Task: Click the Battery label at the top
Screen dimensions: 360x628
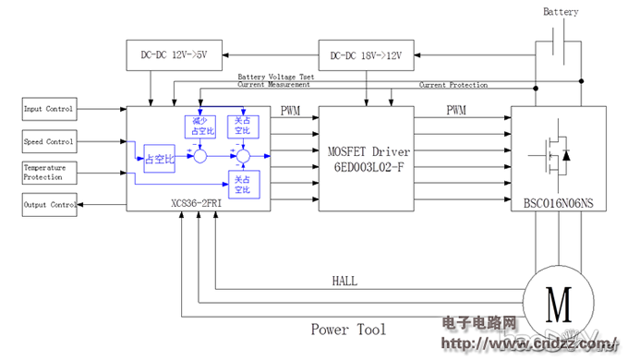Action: point(561,12)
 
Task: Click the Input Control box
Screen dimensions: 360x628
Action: point(48,109)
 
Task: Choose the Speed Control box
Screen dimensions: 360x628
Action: point(48,141)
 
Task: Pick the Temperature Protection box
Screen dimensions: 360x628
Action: point(48,172)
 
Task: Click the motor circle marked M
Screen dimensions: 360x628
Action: point(553,299)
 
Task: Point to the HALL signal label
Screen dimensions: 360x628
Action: point(344,281)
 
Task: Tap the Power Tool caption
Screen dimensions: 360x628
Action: point(348,329)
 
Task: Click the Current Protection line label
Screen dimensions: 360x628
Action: point(453,85)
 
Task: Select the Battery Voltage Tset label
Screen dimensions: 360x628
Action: point(276,77)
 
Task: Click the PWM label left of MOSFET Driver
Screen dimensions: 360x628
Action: point(292,111)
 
